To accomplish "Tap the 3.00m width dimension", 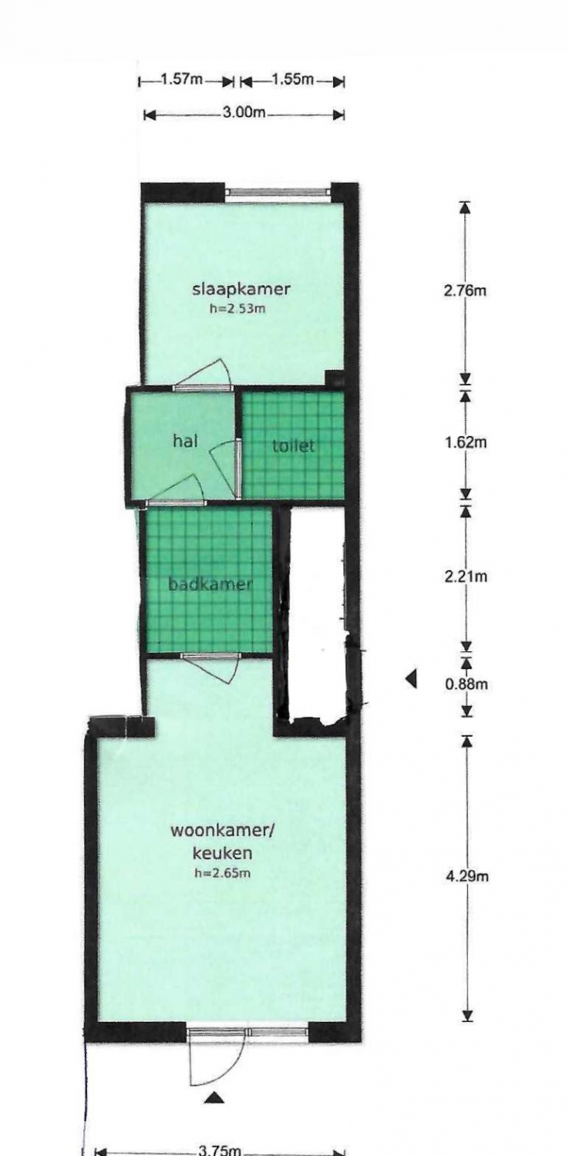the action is (x=244, y=112).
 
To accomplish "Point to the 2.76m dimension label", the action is (x=465, y=291).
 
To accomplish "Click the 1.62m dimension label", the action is (x=465, y=442).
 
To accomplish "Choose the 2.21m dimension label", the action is (x=465, y=576).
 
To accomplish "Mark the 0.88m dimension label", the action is (x=466, y=684).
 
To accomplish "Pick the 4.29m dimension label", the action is (x=466, y=876).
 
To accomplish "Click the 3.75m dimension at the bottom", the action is (x=220, y=1150).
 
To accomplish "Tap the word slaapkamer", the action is (x=241, y=290).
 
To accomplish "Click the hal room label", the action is (x=185, y=442).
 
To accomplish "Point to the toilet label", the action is (x=294, y=446).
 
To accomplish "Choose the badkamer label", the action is (x=211, y=585).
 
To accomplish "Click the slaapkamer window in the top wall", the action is (x=278, y=191).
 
